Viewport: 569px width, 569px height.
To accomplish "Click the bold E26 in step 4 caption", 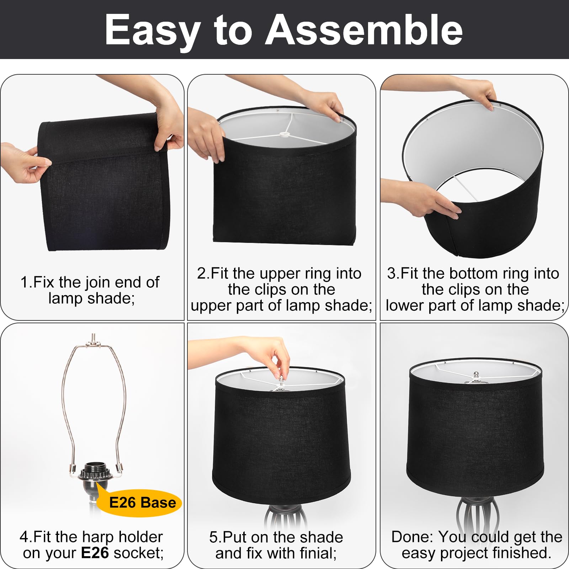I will [x=95, y=553].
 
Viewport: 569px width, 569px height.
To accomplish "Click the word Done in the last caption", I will [x=411, y=537].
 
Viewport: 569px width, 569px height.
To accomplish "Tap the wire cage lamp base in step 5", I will [x=283, y=517].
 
